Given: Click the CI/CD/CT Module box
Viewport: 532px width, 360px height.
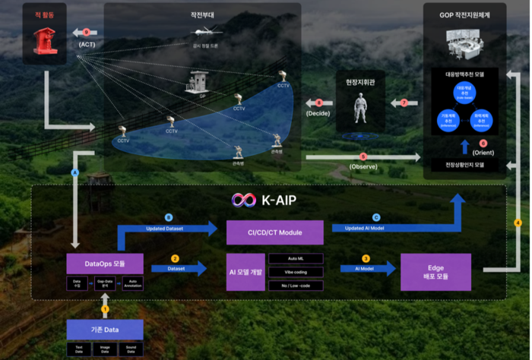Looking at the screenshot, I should (x=274, y=232).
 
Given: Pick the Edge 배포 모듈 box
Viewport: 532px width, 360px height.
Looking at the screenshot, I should (x=435, y=271).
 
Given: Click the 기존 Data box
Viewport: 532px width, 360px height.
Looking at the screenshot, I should (x=106, y=330).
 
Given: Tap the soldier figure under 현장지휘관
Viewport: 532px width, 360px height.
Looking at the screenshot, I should (x=361, y=109).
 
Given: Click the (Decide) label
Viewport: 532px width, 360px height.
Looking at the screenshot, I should (x=318, y=113).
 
